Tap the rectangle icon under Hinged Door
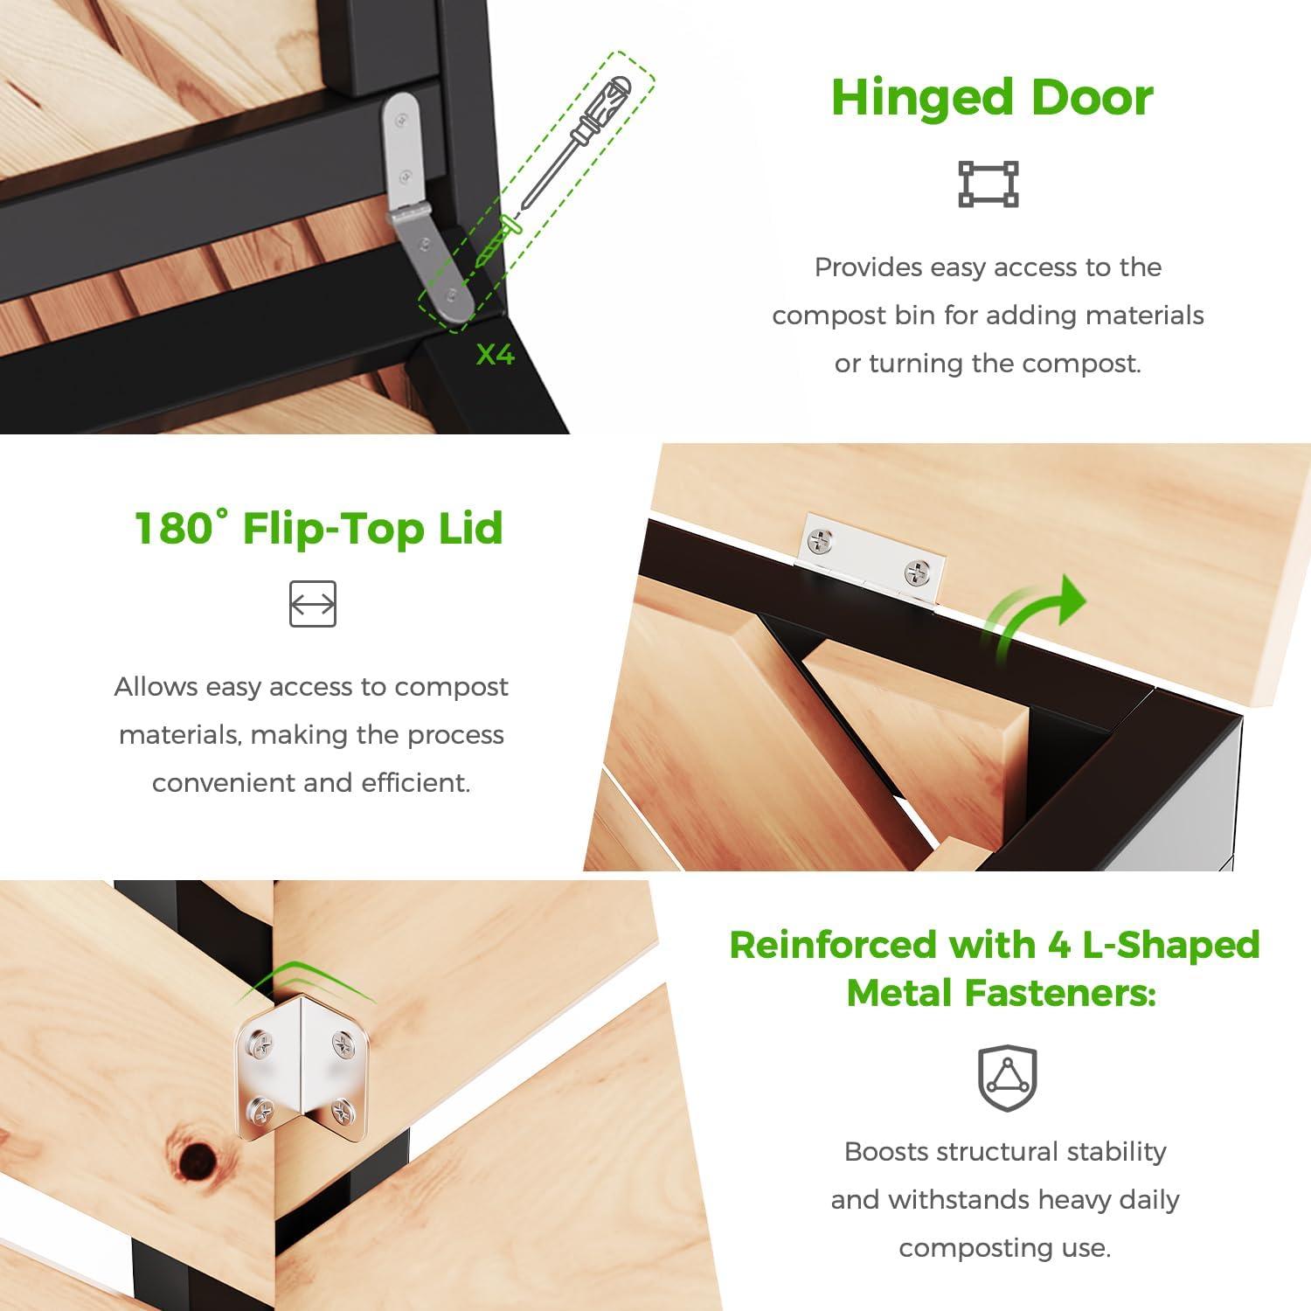[x=988, y=184]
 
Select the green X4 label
[x=495, y=355]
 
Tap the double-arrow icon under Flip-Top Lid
[x=313, y=604]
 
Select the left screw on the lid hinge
[x=821, y=542]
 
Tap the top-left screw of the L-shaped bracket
[x=260, y=1041]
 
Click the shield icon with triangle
[x=1006, y=1078]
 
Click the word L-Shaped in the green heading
[x=1170, y=945]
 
